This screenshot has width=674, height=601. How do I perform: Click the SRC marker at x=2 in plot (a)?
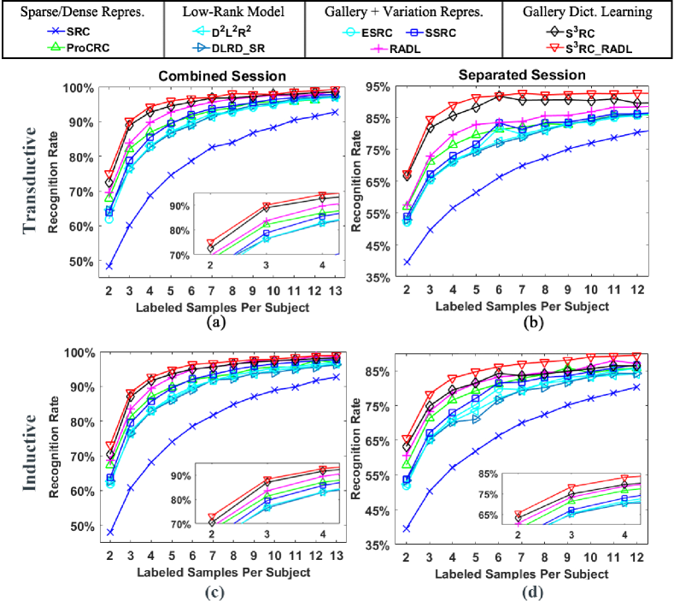(x=109, y=266)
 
